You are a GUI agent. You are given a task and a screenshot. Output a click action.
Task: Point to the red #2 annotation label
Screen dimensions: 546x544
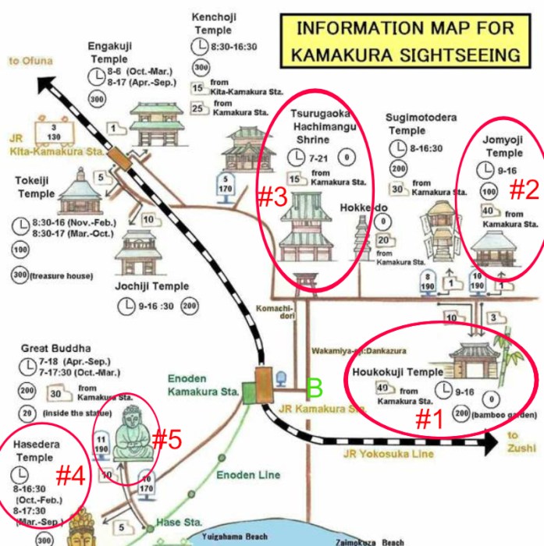(524, 188)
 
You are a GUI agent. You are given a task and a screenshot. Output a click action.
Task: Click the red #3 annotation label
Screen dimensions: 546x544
(273, 197)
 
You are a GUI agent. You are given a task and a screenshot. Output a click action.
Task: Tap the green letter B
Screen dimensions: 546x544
(315, 387)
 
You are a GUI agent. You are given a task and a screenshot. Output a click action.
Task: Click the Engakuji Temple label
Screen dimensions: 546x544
(108, 53)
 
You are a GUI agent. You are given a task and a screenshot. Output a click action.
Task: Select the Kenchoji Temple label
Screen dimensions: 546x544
(213, 23)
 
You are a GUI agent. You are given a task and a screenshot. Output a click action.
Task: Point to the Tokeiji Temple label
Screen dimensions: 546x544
(36, 186)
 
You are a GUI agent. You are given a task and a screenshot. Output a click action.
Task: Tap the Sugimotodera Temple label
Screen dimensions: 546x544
(421, 124)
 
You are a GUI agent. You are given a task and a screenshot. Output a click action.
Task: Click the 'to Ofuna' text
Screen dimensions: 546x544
(30, 61)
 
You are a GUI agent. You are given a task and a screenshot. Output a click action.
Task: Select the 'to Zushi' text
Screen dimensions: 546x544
(521, 441)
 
